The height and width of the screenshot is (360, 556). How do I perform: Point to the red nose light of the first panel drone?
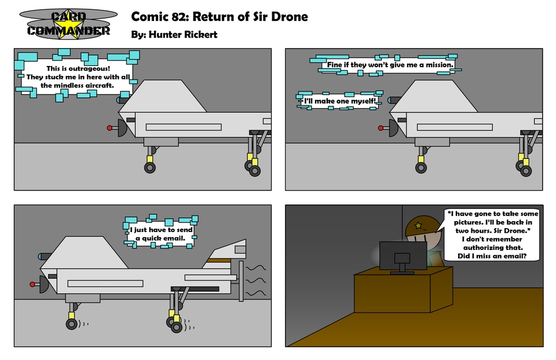[x=109, y=127]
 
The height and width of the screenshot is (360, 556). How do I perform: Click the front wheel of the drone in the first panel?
[x=150, y=168]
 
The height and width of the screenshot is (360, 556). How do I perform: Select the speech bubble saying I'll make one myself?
[x=339, y=101]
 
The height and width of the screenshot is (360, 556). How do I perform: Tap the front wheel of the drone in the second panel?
[x=421, y=168]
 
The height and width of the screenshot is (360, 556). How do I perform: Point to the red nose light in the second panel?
[x=381, y=127]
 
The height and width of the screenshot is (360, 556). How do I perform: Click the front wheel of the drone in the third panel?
[x=71, y=324]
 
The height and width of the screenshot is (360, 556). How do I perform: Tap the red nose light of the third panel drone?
[x=32, y=284]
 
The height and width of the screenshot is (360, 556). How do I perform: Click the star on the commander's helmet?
[x=417, y=225]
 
